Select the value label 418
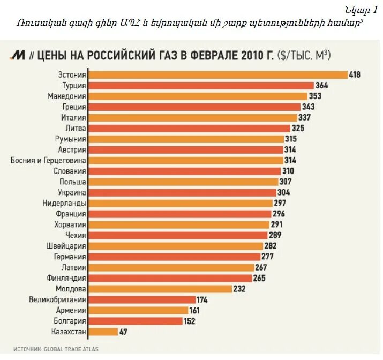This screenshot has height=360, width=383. coord(355,74)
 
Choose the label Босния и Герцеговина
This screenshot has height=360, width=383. coord(48,160)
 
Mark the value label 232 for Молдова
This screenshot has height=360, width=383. coord(239,289)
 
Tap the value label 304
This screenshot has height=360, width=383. coord(284,192)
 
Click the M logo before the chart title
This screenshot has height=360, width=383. coord(18,55)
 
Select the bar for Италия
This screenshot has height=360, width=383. coord(192,117)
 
